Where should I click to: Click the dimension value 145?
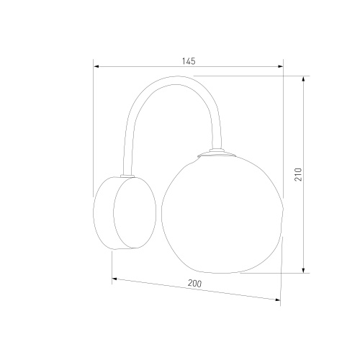[x=189, y=61]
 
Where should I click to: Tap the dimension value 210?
[x=298, y=174]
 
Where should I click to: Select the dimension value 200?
[x=194, y=284]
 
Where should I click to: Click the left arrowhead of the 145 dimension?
[x=96, y=66]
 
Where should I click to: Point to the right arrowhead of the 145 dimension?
[x=280, y=66]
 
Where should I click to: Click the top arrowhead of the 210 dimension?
[x=304, y=79]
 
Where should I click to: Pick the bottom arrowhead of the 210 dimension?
[x=304, y=270]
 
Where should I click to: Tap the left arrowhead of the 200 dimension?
[x=114, y=279]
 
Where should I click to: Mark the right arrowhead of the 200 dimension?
[x=277, y=300]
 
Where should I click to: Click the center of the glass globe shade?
[x=222, y=214]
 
